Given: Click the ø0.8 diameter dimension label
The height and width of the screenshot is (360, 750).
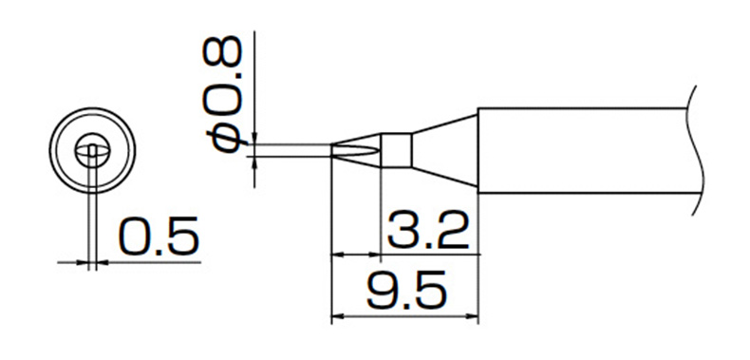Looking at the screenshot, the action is pyautogui.click(x=223, y=93).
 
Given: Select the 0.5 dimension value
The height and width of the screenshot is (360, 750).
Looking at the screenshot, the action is pyautogui.click(x=159, y=236).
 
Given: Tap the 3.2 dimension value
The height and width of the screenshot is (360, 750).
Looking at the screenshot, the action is pyautogui.click(x=427, y=231).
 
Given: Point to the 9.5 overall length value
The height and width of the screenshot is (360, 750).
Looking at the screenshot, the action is pyautogui.click(x=407, y=290).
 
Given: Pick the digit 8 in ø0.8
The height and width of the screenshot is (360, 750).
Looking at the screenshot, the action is pyautogui.click(x=223, y=50).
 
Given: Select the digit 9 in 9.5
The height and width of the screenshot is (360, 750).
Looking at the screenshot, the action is pyautogui.click(x=383, y=290).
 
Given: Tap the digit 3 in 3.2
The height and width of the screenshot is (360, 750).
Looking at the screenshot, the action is pyautogui.click(x=403, y=231).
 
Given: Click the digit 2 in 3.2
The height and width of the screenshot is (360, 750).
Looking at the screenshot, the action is pyautogui.click(x=453, y=231).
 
